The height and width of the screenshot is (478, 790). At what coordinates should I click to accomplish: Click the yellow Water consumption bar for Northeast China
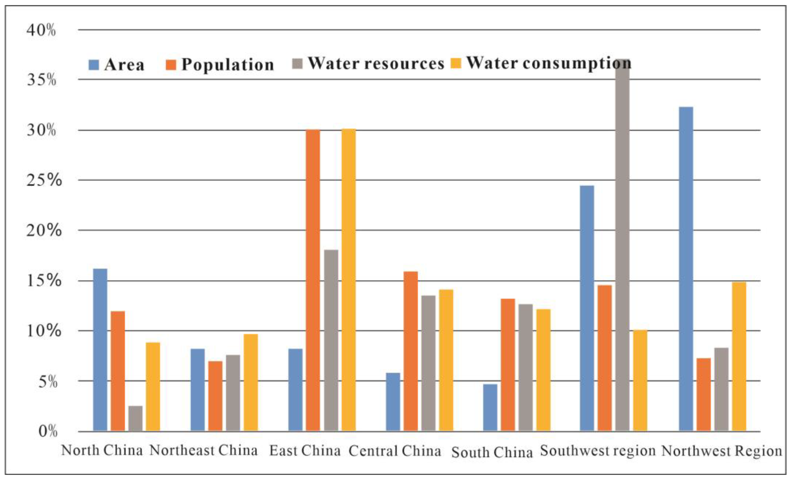pos(250,382)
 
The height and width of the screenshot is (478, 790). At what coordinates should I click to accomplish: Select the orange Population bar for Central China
pos(410,351)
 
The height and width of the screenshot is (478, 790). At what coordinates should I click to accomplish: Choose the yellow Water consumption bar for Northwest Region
pos(739,356)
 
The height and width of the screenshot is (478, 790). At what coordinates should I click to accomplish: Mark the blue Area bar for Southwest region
pos(587,308)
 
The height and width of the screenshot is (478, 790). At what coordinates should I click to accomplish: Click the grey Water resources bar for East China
pos(331,340)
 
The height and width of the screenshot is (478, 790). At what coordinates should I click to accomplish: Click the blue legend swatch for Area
pos(94,65)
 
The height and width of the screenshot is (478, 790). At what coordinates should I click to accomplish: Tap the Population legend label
pos(228,65)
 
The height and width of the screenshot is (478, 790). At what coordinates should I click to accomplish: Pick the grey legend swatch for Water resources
pos(298,63)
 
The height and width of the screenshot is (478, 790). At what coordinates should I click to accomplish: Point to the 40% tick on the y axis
pos(41,31)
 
